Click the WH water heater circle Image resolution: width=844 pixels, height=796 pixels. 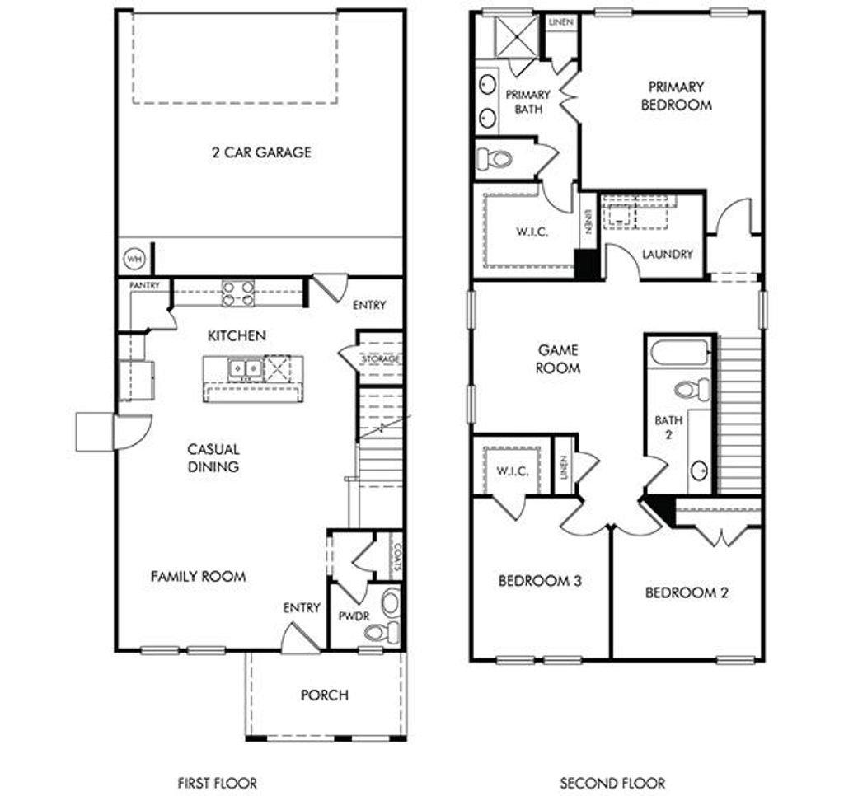134,260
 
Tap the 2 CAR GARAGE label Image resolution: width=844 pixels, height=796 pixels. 261,152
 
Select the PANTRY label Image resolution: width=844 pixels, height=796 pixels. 144,285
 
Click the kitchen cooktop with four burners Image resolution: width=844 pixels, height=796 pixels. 238,293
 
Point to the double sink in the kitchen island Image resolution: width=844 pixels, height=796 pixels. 245,368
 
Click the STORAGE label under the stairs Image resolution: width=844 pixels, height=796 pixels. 381,358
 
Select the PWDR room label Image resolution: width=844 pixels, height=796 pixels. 354,616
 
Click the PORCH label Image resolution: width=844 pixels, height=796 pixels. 325,695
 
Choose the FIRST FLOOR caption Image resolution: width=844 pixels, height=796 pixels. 218,783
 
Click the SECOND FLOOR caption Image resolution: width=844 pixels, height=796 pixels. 612,783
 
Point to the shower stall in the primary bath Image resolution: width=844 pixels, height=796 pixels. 516,36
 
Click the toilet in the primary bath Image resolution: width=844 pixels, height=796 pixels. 495,159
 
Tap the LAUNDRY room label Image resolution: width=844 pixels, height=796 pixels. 668,254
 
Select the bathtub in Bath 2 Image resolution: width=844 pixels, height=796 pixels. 680,353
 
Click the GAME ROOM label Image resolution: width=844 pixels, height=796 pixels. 558,359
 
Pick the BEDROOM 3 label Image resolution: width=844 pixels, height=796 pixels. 540,581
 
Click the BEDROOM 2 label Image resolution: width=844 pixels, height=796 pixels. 687,592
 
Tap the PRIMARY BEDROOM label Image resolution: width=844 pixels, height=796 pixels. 676,96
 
